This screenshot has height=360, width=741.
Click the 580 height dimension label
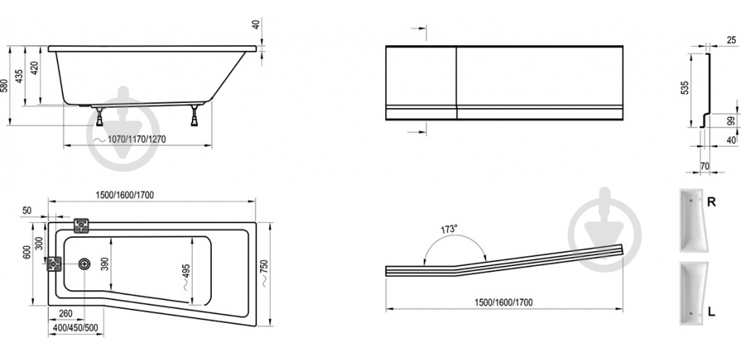click(4, 85)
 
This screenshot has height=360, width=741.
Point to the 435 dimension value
click(19, 76)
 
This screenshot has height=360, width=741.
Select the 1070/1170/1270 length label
click(137, 139)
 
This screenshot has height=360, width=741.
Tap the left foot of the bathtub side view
click(100, 117)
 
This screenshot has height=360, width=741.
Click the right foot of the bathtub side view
click(194, 116)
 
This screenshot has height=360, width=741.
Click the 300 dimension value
click(40, 242)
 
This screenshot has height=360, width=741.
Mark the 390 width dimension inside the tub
click(106, 264)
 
